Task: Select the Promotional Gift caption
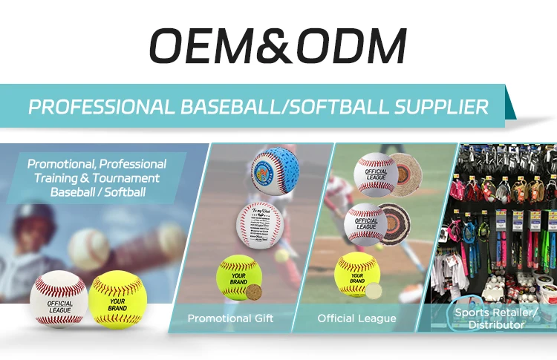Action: (x=230, y=318)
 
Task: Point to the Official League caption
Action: (x=356, y=318)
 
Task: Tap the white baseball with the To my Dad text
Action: (x=259, y=222)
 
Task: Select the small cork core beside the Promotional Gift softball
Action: (x=256, y=290)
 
